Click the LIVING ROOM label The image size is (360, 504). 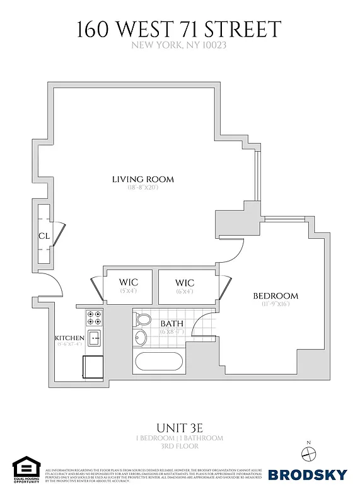click(142, 180)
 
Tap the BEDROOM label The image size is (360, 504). click(276, 296)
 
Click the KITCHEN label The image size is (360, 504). click(69, 337)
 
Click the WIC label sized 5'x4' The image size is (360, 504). click(129, 282)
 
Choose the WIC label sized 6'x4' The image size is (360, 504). click(185, 282)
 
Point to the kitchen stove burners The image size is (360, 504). click(95, 317)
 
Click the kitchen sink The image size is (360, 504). click(94, 338)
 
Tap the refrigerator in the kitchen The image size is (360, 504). click(93, 366)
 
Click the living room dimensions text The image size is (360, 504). click(142, 188)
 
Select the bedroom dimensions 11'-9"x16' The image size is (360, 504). click(276, 304)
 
